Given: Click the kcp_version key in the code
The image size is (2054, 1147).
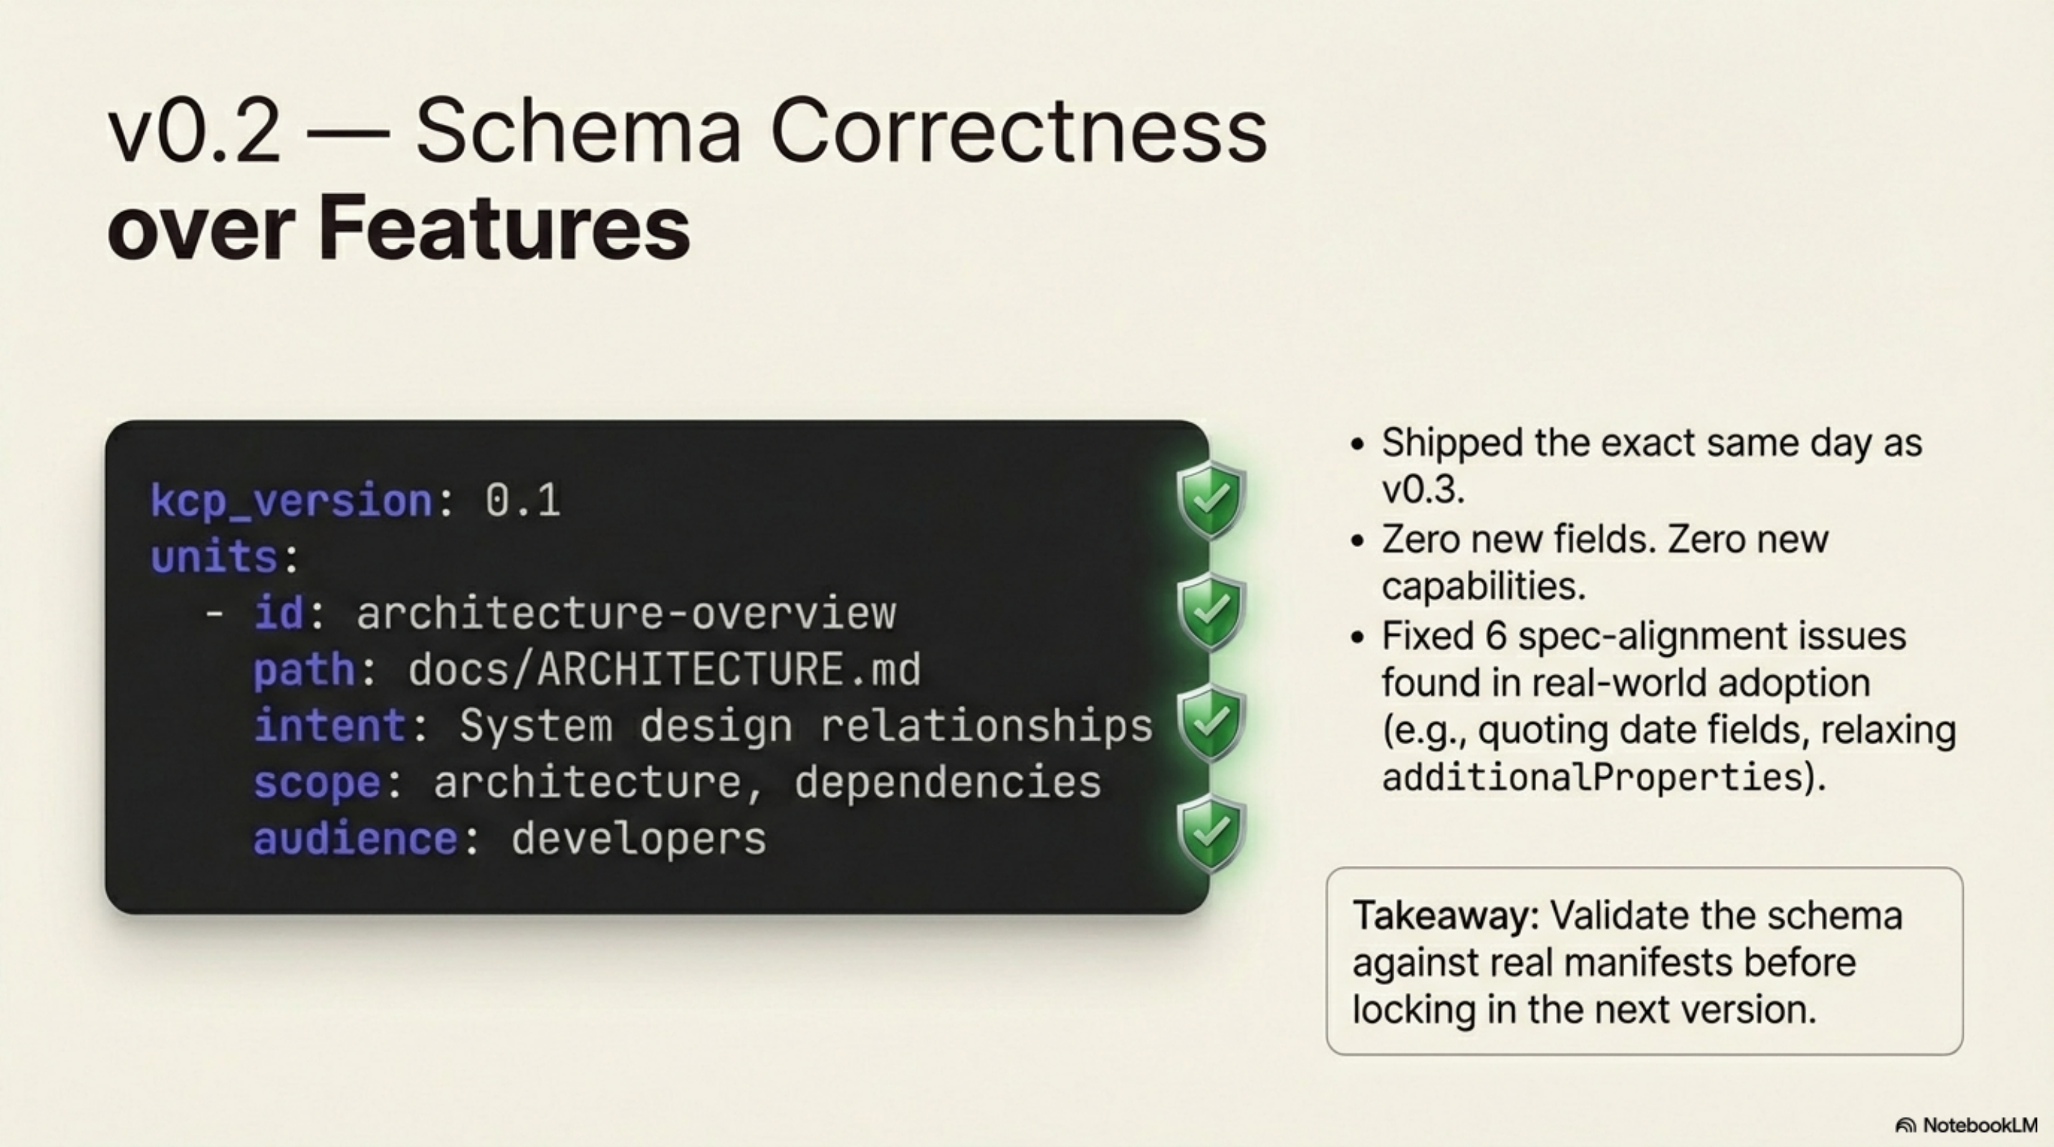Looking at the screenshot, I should (291, 501).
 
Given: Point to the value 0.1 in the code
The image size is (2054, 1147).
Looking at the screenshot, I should (522, 501).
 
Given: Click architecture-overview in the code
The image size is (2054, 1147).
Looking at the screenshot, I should (626, 614).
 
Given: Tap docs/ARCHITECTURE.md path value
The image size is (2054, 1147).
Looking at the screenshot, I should (664, 670).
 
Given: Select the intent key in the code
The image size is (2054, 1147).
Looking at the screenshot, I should (330, 726).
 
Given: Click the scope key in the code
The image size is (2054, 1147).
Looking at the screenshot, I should (317, 783).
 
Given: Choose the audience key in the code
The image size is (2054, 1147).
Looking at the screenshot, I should (355, 839).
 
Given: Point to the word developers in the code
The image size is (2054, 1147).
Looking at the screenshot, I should (638, 839).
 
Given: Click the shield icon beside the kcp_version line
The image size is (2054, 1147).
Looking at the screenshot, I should (1210, 500).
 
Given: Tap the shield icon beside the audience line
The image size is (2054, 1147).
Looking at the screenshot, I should (1210, 834).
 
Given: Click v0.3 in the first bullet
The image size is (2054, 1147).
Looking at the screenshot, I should (1423, 489).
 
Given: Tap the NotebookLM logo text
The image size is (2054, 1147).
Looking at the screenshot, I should (1979, 1125).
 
